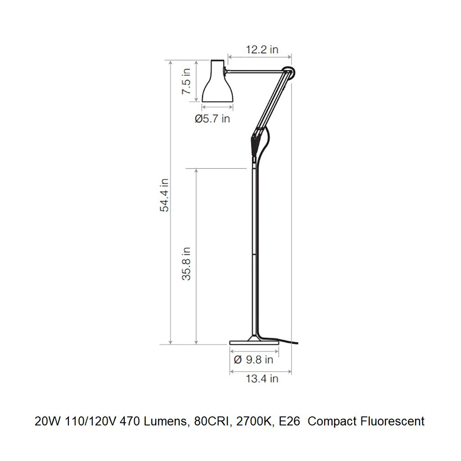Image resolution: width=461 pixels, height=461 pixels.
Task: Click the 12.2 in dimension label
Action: tap(262, 50)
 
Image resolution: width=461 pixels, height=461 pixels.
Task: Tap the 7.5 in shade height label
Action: tap(186, 81)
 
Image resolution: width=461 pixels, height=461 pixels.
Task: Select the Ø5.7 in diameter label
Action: tap(212, 119)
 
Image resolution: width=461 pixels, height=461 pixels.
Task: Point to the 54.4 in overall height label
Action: tap(164, 195)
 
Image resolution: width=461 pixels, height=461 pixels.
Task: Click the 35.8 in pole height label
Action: tap(186, 263)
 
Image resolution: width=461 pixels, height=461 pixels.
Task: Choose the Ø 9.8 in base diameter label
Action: tap(253, 359)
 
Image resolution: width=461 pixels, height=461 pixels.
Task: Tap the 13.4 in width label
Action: tap(262, 378)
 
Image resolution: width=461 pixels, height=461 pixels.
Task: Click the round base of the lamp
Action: tap(254, 342)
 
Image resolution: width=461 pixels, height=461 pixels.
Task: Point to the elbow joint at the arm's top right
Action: tap(289, 72)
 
